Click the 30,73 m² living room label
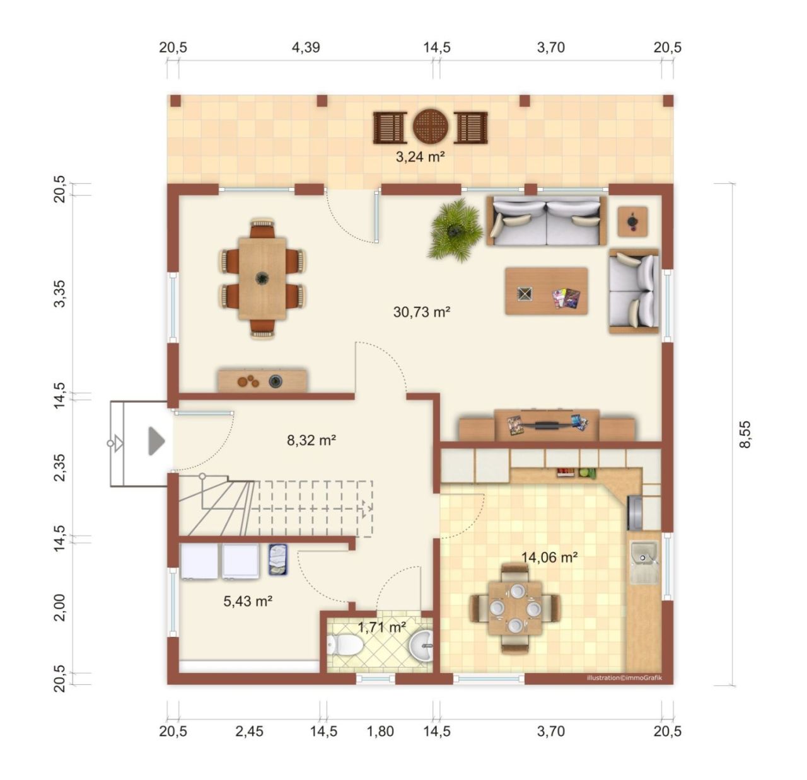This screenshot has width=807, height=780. click(x=421, y=312)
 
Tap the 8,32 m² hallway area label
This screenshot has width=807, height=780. click(x=311, y=440)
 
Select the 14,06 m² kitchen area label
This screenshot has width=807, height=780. click(x=549, y=558)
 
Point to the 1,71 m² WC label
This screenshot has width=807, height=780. click(x=381, y=628)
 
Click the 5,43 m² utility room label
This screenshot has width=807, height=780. click(x=248, y=601)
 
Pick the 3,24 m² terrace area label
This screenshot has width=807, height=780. click(x=420, y=157)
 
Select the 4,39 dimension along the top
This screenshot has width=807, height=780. click(x=306, y=48)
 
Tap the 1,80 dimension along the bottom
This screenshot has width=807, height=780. click(x=380, y=731)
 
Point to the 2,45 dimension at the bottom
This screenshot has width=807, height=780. click(x=249, y=731)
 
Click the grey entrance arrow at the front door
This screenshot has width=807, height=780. click(x=156, y=441)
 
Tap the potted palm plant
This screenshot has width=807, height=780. click(x=455, y=229)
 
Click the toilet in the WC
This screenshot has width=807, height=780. click(x=345, y=645)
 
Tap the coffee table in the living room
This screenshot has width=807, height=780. click(x=546, y=291)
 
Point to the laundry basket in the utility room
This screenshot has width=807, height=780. click(x=277, y=559)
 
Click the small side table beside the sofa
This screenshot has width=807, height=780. click(x=632, y=222)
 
